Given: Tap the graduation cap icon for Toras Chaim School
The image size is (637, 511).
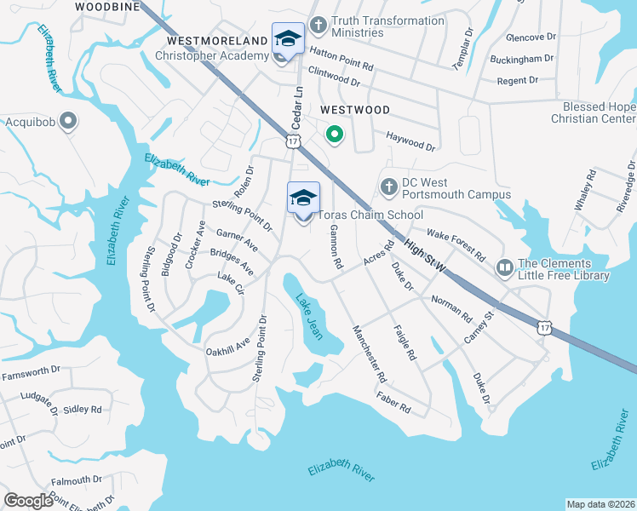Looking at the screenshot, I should pyautogui.click(x=303, y=199).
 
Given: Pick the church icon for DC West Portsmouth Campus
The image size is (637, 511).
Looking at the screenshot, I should pyautogui.click(x=388, y=186).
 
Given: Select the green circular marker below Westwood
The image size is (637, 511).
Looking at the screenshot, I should pyautogui.click(x=335, y=134).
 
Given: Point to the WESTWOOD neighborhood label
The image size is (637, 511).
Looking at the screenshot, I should pyautogui.click(x=355, y=111).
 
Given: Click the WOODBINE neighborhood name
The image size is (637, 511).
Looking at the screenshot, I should pyautogui.click(x=106, y=6).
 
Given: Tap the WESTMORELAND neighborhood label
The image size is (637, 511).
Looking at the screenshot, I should pyautogui.click(x=217, y=40).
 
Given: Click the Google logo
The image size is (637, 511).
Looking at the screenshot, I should pyautogui.click(x=28, y=500).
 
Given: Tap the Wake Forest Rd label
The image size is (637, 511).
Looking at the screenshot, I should pyautogui.click(x=456, y=244).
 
